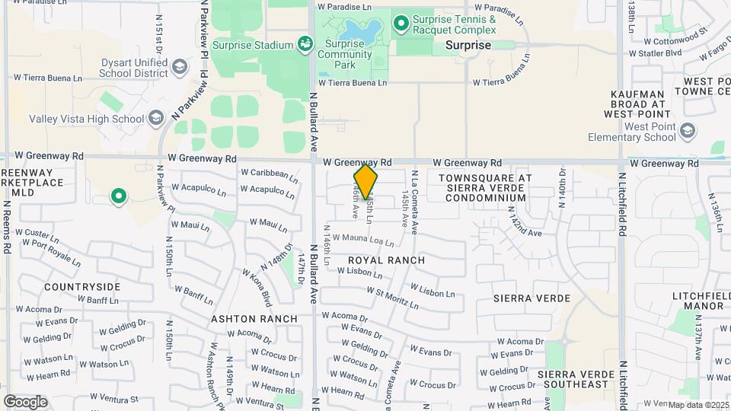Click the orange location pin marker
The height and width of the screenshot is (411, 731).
click(365, 181)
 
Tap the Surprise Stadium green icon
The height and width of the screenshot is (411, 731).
click(305, 44)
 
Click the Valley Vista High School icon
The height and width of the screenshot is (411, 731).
click(156, 118)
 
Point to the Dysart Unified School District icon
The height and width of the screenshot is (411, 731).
click(180, 67)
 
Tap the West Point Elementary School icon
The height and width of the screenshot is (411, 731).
click(689, 131)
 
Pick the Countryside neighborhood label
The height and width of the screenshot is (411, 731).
click(82, 287)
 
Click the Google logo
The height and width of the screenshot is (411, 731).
click(25, 402)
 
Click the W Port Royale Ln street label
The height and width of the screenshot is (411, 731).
click(51, 250)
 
